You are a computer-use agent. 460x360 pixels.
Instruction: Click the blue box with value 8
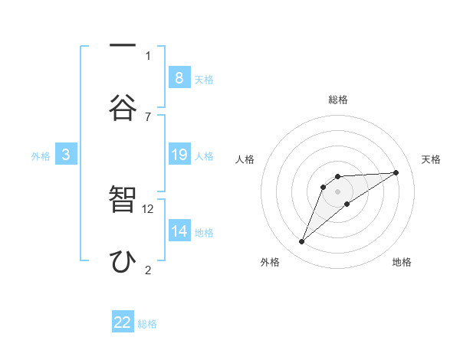179,77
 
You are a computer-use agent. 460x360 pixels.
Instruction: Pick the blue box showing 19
179,155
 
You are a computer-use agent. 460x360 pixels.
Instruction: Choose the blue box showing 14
179,231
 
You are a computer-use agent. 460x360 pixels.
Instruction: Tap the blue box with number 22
123,322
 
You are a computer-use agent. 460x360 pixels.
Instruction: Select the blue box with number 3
66,155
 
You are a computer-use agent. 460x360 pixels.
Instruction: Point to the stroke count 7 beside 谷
148,116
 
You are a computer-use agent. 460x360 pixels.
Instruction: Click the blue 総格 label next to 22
147,324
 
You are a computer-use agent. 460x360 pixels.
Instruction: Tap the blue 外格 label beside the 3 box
41,156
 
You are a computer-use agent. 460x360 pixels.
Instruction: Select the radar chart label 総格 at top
337,100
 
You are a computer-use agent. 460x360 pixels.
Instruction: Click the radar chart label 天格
432,159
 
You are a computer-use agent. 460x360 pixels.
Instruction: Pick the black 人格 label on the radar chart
245,159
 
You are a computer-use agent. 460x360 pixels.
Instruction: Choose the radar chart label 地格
402,262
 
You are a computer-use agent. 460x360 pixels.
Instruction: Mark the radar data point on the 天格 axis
396,172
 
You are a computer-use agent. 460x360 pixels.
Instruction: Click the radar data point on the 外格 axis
301,242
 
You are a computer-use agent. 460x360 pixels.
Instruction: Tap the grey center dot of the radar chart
337,191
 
